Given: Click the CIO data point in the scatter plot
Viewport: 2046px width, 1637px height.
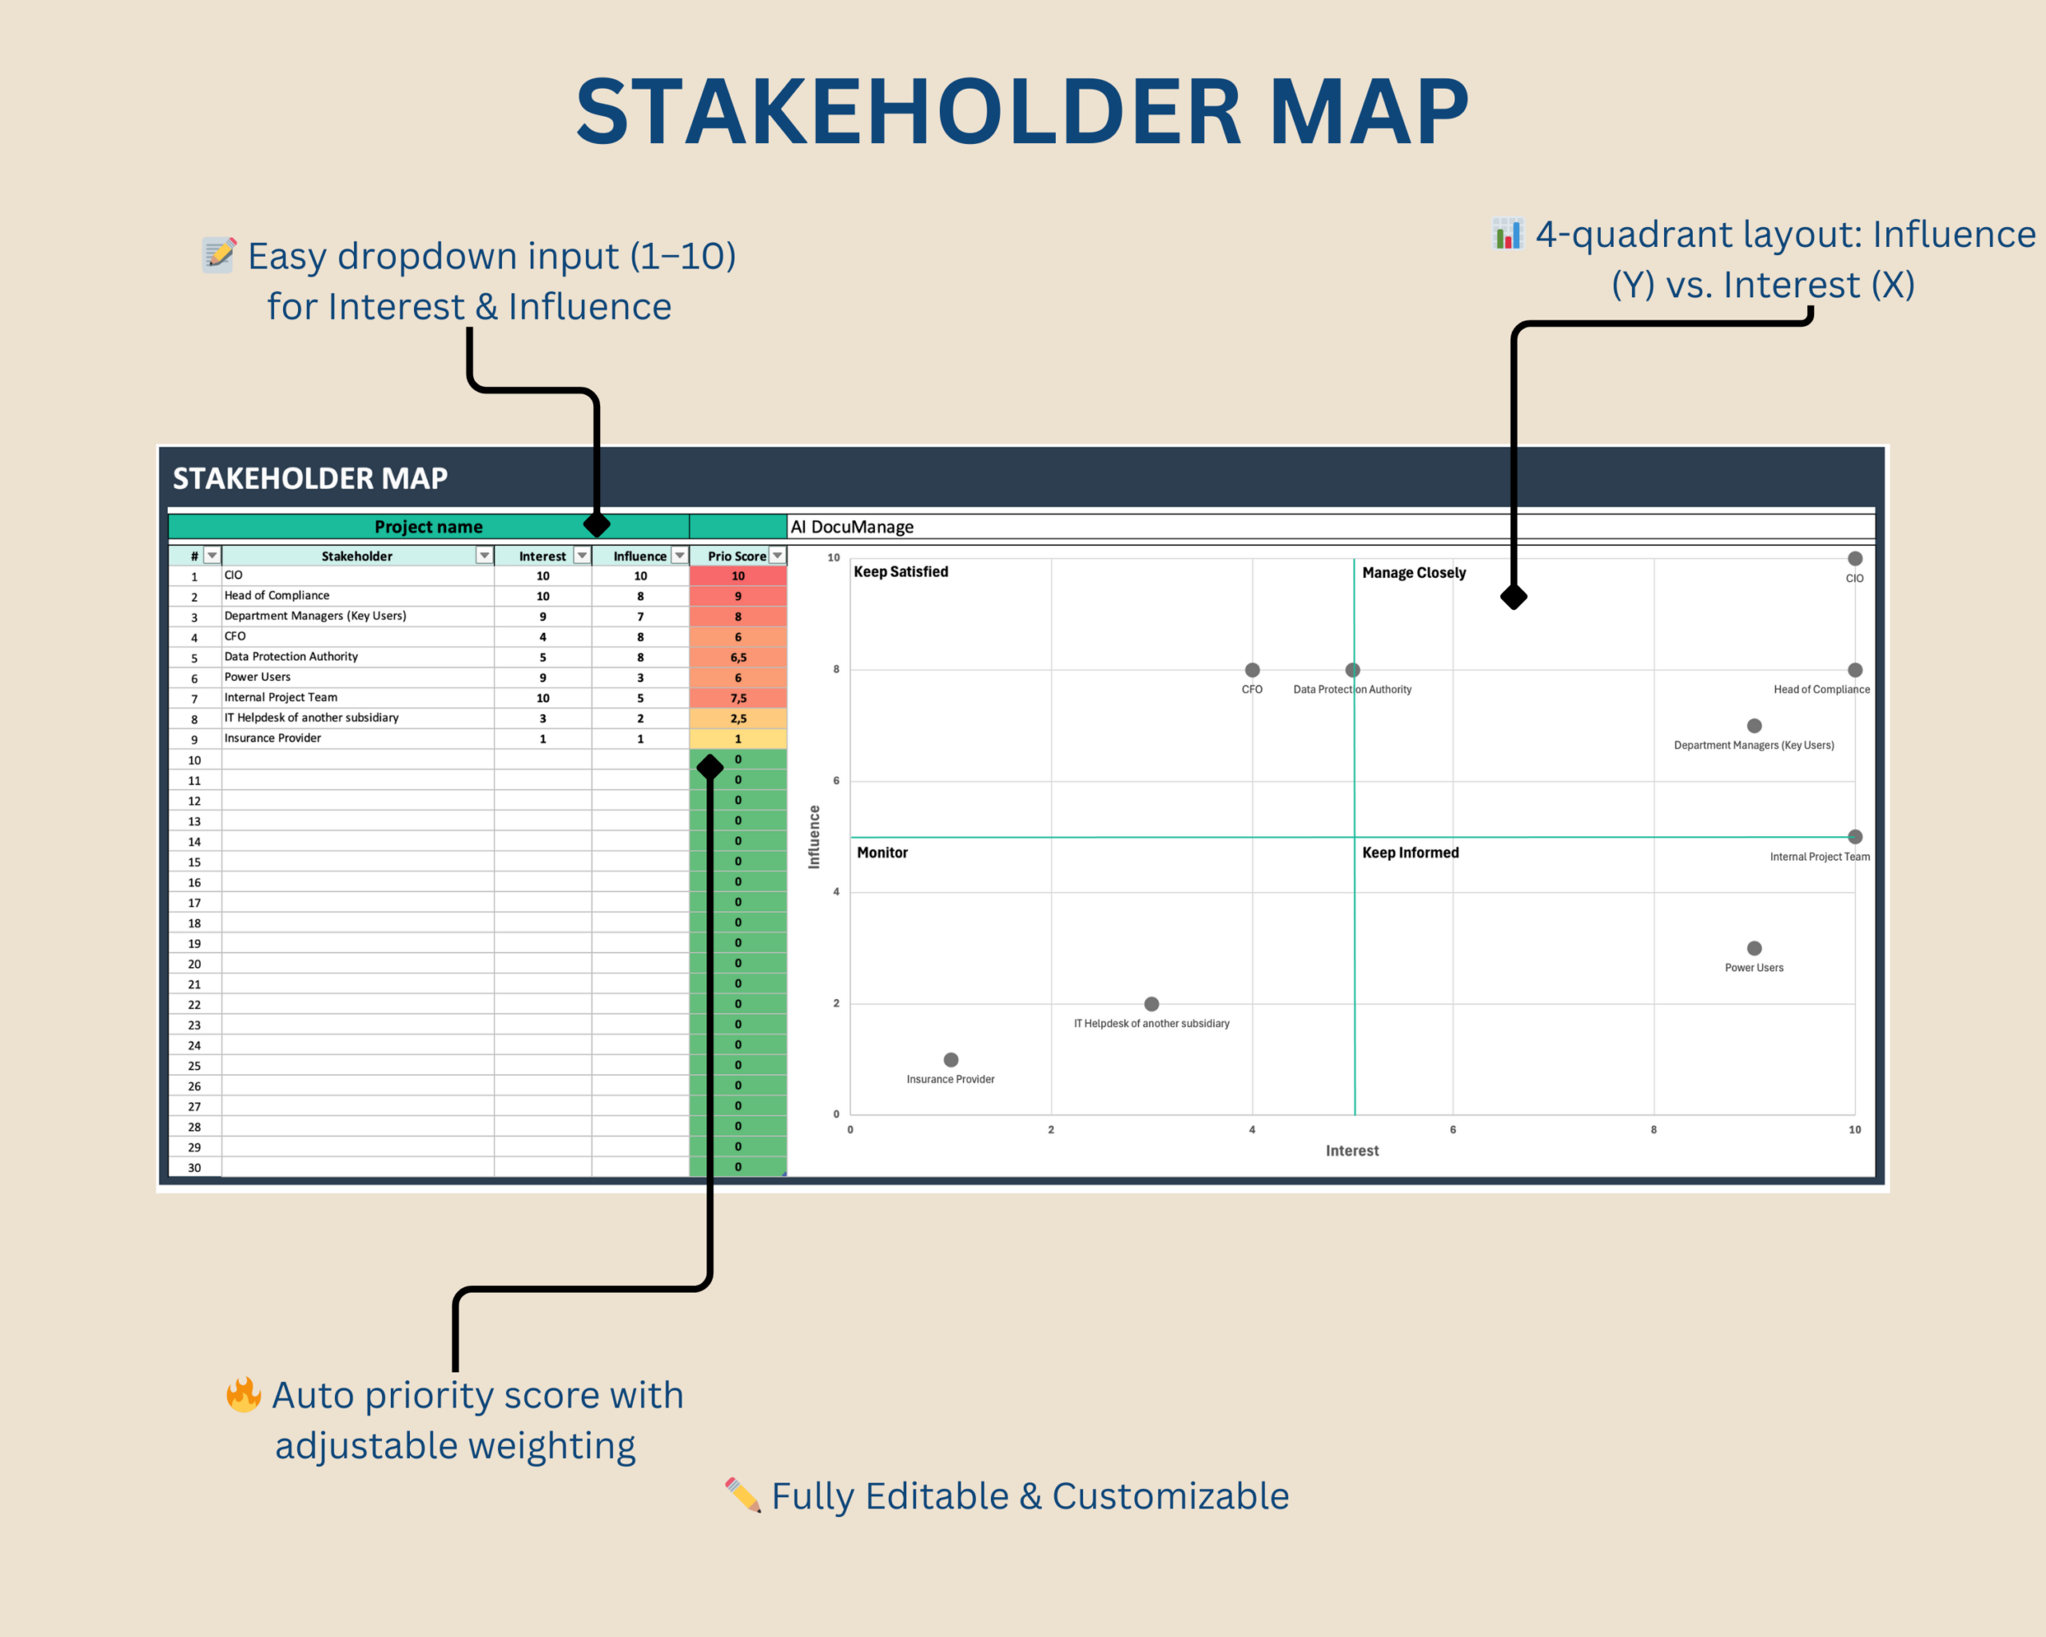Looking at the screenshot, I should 1854,559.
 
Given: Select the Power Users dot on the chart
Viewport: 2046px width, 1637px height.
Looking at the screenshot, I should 1753,948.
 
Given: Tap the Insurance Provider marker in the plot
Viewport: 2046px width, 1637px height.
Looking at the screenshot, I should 951,1059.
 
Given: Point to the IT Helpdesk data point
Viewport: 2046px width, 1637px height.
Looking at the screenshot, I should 1151,1004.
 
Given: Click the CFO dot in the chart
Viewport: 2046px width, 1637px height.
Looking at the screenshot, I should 1252,670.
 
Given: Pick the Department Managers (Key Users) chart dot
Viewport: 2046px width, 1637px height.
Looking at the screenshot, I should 1753,726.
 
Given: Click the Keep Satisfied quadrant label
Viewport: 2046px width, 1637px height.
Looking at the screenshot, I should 901,572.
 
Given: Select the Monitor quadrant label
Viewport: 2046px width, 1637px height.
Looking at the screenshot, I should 882,852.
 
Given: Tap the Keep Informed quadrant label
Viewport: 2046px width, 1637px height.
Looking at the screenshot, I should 1410,852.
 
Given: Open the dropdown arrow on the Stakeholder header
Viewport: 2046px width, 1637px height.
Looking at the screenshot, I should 484,556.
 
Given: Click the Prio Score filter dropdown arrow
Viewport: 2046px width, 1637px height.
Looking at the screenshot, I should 777,556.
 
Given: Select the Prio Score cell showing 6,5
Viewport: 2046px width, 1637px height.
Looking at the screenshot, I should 738,657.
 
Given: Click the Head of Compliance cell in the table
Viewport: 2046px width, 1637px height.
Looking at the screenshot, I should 277,595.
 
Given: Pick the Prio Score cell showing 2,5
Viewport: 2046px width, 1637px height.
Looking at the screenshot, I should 738,719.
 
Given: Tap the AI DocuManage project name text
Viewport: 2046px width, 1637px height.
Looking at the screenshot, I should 852,527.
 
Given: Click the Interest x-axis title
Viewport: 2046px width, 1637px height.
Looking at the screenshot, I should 1351,1150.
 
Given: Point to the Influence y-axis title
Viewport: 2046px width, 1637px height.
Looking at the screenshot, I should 814,837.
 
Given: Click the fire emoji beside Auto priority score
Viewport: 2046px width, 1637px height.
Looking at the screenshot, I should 243,1394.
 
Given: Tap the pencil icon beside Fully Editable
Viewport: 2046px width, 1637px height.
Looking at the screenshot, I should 743,1495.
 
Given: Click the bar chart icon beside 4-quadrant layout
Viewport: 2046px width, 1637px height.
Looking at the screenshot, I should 1507,233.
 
